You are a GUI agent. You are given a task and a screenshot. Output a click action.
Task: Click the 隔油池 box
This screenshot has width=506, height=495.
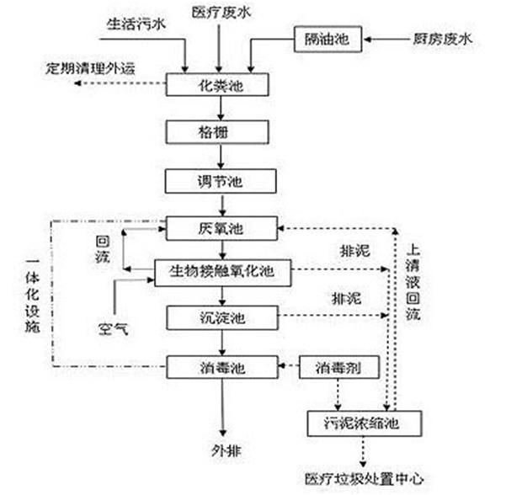[x=327, y=39]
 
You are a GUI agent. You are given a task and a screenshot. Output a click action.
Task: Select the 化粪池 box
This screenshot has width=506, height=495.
[x=221, y=85]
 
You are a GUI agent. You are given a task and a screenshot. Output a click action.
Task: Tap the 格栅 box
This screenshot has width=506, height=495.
[x=221, y=132]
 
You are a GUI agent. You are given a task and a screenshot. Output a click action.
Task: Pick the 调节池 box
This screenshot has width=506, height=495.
[x=221, y=180]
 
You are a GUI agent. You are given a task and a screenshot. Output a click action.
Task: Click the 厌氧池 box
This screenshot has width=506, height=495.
[x=221, y=227]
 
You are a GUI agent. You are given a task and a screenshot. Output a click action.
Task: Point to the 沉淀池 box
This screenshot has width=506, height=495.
[x=221, y=317]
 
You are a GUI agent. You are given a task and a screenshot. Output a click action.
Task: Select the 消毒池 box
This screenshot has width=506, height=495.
[x=221, y=367]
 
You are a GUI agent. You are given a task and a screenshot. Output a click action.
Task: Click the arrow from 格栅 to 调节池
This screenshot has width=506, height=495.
[x=221, y=157]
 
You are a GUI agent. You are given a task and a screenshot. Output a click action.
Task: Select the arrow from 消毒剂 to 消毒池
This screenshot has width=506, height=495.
[x=290, y=367]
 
